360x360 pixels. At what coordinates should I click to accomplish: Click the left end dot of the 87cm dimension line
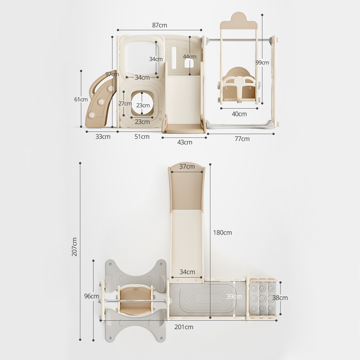pos(118,30)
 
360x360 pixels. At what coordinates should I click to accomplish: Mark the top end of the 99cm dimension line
pos(262,15)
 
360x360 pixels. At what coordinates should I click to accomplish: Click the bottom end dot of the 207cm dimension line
pos(80,339)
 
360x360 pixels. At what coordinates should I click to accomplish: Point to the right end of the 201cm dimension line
pos(276,320)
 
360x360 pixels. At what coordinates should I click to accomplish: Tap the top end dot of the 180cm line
pos(210,165)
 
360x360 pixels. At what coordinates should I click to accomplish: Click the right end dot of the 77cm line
pos(274,134)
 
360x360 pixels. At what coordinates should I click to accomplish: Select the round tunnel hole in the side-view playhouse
pos(142,103)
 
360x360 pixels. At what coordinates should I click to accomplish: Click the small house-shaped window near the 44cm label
pos(190,63)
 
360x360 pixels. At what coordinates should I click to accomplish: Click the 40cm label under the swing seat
pos(239,114)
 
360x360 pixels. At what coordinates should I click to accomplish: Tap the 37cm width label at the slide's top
pos(187,166)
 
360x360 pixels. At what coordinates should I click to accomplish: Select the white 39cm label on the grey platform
pos(234,296)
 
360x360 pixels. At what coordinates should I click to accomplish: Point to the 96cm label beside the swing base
pos(92,296)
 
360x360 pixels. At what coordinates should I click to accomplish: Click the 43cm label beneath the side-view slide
pos(185,142)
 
